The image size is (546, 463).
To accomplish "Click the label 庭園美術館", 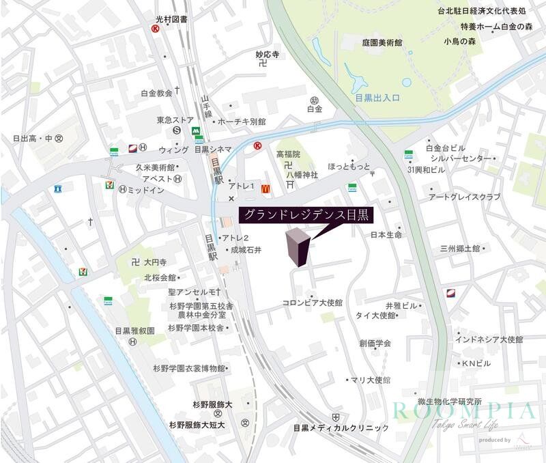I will point(382,42).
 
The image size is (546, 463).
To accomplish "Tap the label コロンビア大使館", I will point(313,302).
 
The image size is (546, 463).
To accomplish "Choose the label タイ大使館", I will point(375,315).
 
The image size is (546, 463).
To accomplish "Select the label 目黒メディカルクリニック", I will point(341,428).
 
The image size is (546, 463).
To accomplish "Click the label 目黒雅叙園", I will point(134,331).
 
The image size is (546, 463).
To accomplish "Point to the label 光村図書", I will point(171,20).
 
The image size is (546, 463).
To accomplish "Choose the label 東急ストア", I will point(176,120).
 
